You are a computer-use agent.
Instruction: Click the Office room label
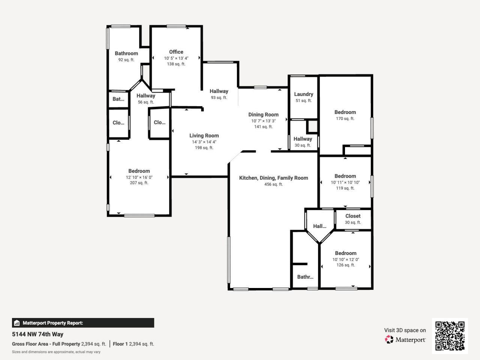(176, 52)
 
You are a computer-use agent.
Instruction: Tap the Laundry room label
(303, 94)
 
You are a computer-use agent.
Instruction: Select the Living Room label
(204, 136)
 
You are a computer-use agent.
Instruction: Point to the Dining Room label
(263, 115)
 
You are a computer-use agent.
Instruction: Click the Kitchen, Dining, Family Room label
(273, 178)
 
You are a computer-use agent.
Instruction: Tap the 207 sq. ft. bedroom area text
(139, 183)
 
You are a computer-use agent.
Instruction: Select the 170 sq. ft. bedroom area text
(345, 118)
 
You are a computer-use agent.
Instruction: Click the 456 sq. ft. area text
(273, 184)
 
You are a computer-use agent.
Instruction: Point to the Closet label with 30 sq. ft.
(353, 216)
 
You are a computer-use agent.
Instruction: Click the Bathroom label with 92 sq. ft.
(126, 54)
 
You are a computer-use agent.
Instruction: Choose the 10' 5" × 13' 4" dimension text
(176, 58)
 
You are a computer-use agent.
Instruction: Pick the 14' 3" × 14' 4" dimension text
(204, 142)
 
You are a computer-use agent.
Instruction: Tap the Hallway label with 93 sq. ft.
(219, 91)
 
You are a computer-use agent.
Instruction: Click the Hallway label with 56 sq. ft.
(145, 96)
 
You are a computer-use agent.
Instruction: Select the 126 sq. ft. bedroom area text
(345, 265)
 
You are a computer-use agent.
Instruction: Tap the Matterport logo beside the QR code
(405, 340)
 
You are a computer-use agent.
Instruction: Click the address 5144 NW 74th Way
(37, 334)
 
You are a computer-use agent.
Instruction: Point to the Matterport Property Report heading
(52, 323)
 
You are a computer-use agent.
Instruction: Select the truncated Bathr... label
(305, 277)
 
